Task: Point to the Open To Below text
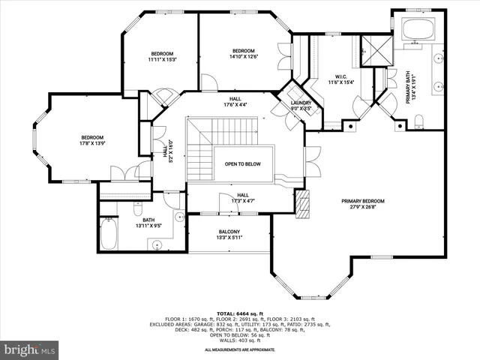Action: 243,163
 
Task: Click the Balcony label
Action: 229,235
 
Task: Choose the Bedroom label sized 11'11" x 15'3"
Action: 162,57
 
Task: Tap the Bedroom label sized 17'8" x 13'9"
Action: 91,141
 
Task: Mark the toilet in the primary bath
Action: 421,123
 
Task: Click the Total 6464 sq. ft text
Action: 239,313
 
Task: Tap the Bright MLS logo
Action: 29,349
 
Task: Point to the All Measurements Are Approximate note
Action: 239,349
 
